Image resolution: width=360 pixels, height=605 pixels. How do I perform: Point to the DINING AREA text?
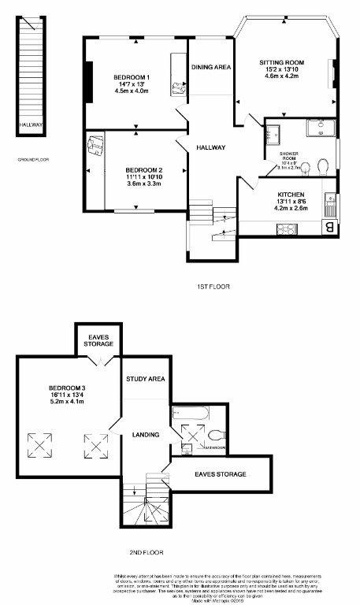pyautogui.click(x=210, y=68)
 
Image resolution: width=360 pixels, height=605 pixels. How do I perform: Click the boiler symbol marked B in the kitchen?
pyautogui.click(x=328, y=228)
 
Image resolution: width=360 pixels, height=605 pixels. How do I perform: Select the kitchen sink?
pyautogui.click(x=331, y=200)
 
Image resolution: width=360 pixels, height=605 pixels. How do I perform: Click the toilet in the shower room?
pyautogui.click(x=322, y=166)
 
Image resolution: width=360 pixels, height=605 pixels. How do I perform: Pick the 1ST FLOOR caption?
pyautogui.click(x=213, y=287)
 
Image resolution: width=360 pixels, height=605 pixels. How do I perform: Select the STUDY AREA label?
pyautogui.click(x=146, y=380)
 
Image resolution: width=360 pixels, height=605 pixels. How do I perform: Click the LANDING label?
pyautogui.click(x=146, y=435)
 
